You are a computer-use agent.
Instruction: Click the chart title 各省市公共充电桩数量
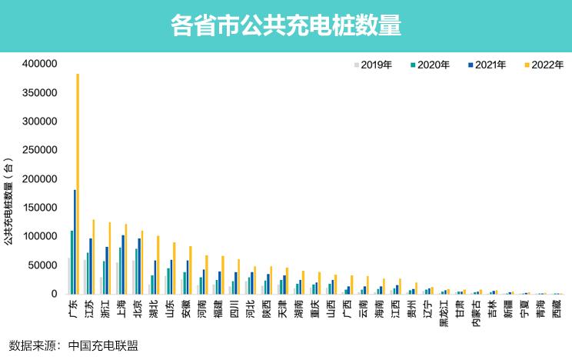(x=286, y=25)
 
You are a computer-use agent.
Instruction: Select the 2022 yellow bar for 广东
(x=78, y=185)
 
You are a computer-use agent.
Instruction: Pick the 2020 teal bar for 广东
(x=71, y=262)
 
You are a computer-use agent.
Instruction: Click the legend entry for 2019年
(x=373, y=65)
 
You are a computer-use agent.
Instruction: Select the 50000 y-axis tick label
(x=44, y=265)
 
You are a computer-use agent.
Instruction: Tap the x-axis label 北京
(x=137, y=308)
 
